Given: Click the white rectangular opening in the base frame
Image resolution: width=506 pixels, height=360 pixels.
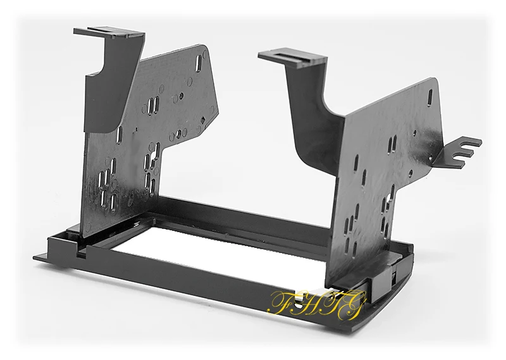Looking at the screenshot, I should [x=209, y=247].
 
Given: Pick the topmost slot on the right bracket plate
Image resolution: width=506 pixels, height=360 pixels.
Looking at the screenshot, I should [x=430, y=97].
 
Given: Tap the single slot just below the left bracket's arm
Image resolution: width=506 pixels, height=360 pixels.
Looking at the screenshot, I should [x=120, y=135].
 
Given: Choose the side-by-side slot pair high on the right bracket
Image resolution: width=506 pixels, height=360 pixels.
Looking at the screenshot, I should [x=393, y=144].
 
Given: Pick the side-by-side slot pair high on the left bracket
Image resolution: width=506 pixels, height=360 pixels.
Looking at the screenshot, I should [x=154, y=104].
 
